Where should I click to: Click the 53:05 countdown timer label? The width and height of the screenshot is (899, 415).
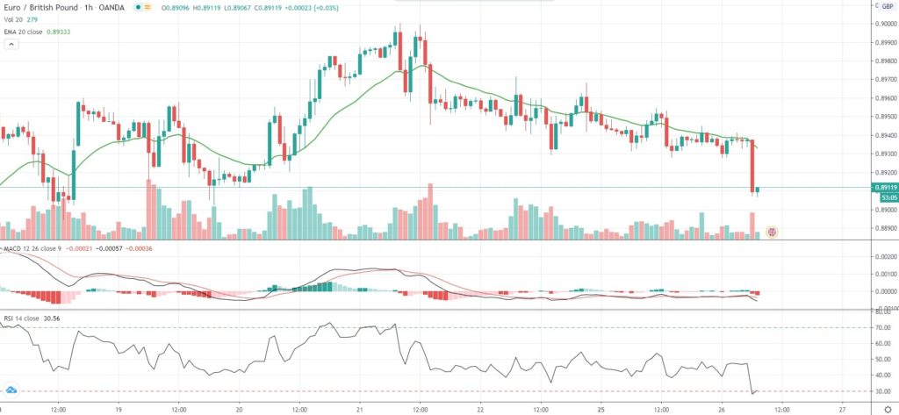pos(886,197)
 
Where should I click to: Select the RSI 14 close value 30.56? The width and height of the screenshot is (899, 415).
pos(63,317)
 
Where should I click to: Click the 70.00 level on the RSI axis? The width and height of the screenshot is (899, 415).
pos(883,328)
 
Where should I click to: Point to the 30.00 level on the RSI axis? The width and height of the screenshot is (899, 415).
pos(883,391)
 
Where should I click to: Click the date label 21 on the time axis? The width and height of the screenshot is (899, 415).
pos(360,409)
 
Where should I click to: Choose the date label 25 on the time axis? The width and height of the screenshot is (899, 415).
pos(602,409)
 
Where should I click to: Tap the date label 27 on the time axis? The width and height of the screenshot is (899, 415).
pos(842,409)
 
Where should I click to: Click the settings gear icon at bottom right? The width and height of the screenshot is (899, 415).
pos(888,409)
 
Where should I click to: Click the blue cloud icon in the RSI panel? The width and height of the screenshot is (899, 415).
pos(11,389)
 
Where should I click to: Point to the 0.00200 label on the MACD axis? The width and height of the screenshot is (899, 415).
pos(884,256)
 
